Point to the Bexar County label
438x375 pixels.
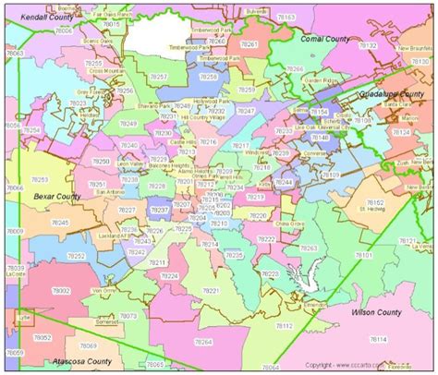coord(55,197)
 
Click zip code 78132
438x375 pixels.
coord(367,44)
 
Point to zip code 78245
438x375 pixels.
coord(59,223)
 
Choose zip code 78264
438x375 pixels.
coord(202,343)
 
